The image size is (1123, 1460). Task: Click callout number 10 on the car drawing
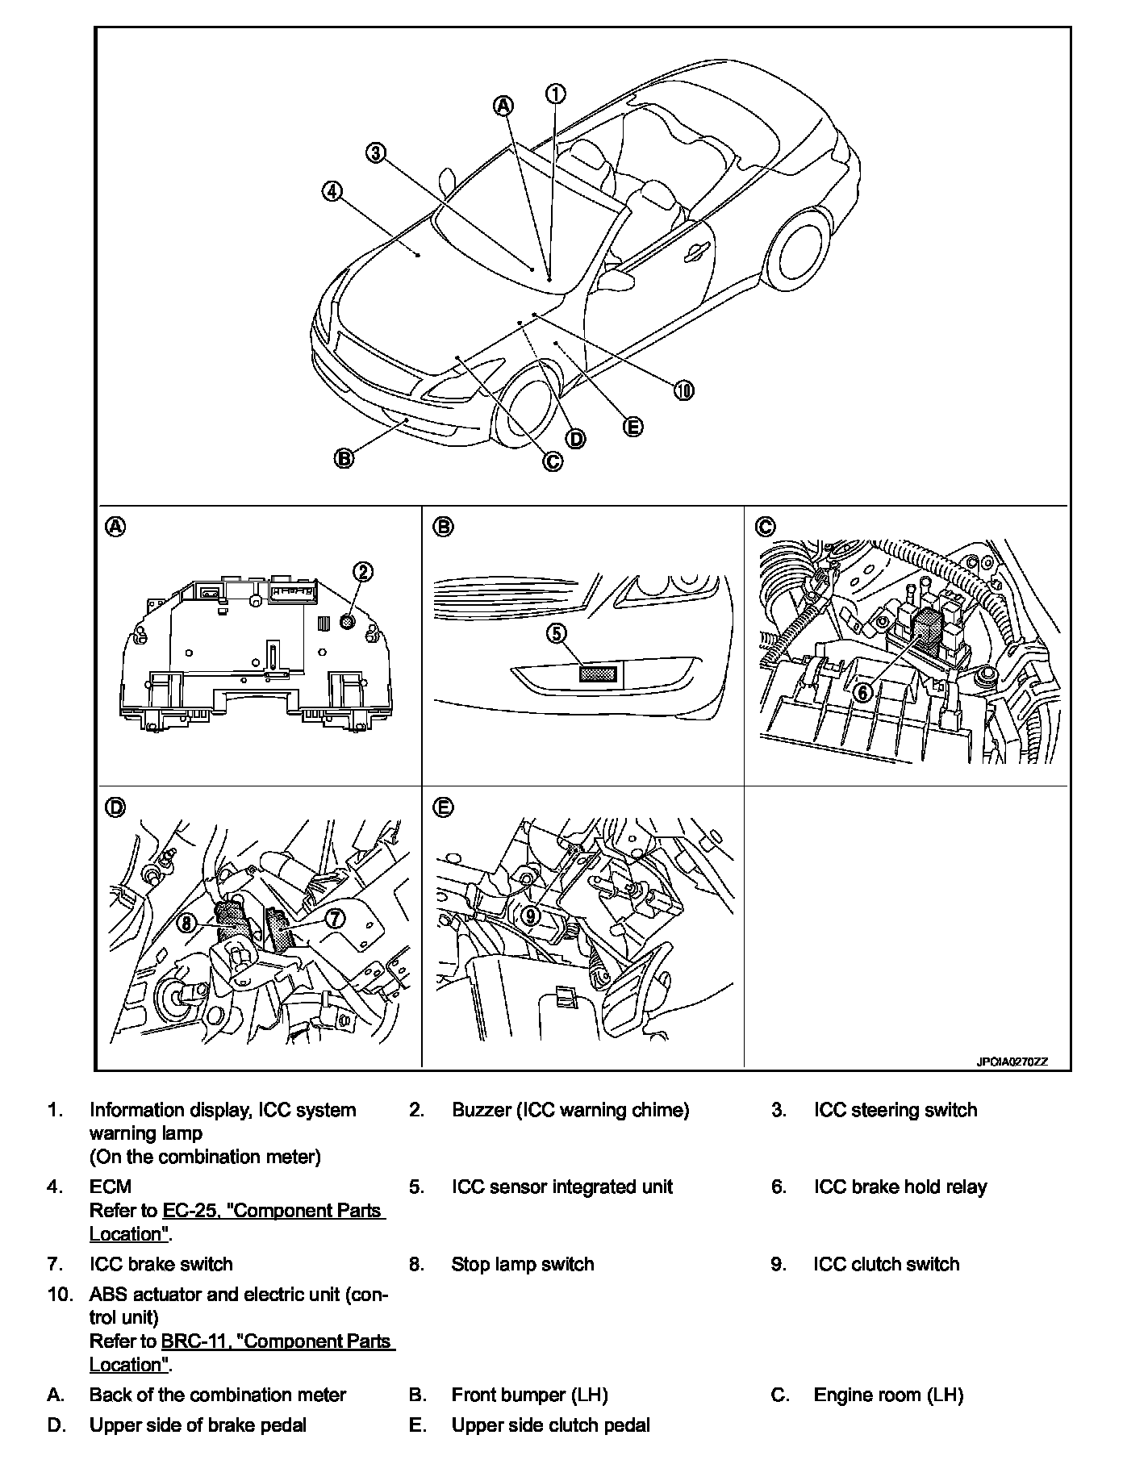point(683,391)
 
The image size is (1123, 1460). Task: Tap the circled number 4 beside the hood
point(332,191)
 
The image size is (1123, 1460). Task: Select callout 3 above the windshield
point(375,152)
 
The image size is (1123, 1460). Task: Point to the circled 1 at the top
point(556,94)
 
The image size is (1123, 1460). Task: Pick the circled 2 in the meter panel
point(363,572)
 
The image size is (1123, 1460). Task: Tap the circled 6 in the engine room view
point(862,692)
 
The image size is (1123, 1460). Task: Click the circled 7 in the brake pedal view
point(334,917)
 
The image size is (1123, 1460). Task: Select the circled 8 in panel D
point(187,922)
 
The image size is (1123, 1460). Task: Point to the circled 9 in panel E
point(530,915)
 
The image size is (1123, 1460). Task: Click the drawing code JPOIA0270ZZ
point(1012,1062)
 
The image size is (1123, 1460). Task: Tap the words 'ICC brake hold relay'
point(900,1187)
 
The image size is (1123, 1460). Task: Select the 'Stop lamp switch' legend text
point(522,1264)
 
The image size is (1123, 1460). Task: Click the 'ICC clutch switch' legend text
point(886,1264)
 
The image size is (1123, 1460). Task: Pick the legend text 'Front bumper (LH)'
point(529,1395)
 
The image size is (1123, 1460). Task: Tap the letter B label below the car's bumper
point(344,458)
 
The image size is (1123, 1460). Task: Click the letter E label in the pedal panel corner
point(443,807)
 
